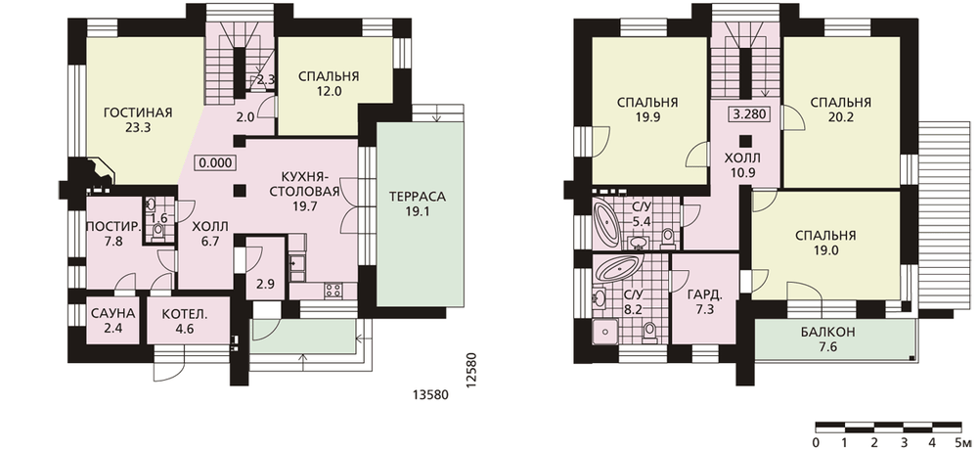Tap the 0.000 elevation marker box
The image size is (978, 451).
coord(216,163)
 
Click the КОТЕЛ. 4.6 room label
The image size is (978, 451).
coord(181,320)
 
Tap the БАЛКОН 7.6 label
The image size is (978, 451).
coord(828,340)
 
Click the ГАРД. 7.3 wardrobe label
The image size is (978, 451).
coord(704,303)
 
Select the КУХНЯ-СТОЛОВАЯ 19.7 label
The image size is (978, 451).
coord(305,192)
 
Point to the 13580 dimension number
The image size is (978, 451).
coord(430,395)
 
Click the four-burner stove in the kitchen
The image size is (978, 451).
coord(332,290)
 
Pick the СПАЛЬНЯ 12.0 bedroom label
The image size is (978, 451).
coord(328,84)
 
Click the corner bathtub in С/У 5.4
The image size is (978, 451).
coord(607,222)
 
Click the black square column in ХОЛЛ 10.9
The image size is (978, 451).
coord(743,140)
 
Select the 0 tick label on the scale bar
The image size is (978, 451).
coord(817,442)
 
